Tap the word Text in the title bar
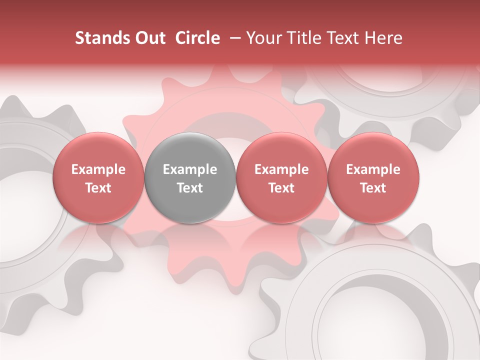point(343,38)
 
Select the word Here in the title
point(384,38)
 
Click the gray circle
point(190,178)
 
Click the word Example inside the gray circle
point(190,170)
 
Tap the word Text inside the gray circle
point(190,188)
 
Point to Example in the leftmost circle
point(98,170)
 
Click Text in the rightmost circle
point(373,188)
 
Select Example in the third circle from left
point(281,170)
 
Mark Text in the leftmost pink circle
point(98,188)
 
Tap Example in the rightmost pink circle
point(373,170)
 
